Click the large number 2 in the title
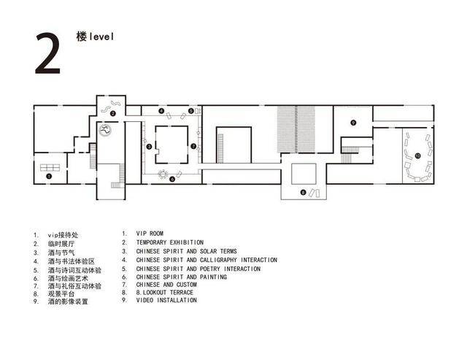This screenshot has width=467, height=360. tap(47, 53)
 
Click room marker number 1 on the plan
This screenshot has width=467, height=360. tap(49, 177)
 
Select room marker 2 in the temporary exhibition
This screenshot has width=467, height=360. tap(112, 113)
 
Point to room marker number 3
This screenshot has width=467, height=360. tap(149, 146)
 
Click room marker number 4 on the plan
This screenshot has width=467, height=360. tap(161, 111)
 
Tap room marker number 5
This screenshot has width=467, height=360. tap(191, 111)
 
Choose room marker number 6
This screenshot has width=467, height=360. tap(172, 179)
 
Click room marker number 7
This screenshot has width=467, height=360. tap(193, 146)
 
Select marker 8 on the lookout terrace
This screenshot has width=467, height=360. tap(304, 193)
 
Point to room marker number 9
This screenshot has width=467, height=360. tap(353, 123)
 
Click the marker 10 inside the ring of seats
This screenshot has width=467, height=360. tap(417, 156)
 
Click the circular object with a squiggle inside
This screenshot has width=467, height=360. tap(105, 130)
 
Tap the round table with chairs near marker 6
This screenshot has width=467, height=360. tap(163, 174)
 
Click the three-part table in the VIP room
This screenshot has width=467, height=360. tap(50, 167)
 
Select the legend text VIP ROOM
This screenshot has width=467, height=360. tap(150, 234)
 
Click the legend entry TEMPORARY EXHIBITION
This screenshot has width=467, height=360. tap(170, 242)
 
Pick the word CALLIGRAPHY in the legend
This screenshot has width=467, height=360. tap(218, 260)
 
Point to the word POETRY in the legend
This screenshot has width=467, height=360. tap(210, 269)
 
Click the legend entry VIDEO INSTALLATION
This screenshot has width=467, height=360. tap(166, 300)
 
